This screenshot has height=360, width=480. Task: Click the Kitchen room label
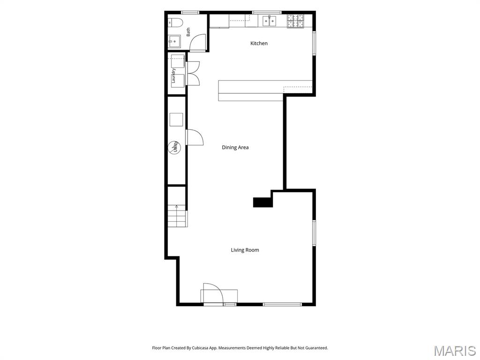coord(259,43)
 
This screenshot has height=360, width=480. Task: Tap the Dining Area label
coord(235,147)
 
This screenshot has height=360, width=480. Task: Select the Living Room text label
coord(245,250)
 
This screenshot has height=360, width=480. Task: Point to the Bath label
coord(188,32)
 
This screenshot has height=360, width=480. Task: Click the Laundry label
coord(173,75)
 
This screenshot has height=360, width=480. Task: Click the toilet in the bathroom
coord(176,22)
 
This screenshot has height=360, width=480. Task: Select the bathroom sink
coord(175,41)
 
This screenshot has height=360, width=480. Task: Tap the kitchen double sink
coord(269,21)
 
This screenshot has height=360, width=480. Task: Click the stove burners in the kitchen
coord(295,21)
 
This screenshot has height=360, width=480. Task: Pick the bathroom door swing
coord(198,43)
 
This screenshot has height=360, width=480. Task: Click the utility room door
coord(195,137)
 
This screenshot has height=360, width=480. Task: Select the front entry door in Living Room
coord(212,293)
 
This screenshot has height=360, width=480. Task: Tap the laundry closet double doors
coord(193,74)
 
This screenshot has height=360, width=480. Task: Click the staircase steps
coord(178,216)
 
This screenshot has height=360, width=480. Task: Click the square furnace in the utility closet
coord(176,120)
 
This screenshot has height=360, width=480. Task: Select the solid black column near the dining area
coord(262,202)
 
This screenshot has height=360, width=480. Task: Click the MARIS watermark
coord(455,351)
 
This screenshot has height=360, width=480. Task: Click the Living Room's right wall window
coord(314,232)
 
